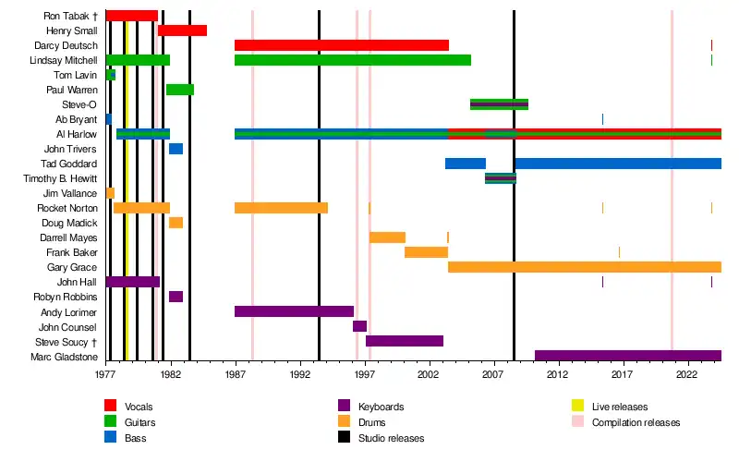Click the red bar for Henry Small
coord(182,30)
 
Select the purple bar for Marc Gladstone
coord(627,356)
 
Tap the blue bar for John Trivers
coord(176,149)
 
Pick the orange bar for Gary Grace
coord(584,267)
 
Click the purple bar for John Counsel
coord(359,326)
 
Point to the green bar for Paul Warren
coord(179,90)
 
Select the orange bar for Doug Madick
coord(176,223)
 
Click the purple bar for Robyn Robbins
coord(176,297)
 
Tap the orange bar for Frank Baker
coord(426,252)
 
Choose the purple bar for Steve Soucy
coord(405,341)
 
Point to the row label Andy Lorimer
coord(70,311)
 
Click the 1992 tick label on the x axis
coord(299,375)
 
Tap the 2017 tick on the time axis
coord(622,375)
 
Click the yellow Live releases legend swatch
coord(576,407)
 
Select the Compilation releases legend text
coord(636,422)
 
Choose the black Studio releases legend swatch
coord(344,438)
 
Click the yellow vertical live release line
coord(126,185)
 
